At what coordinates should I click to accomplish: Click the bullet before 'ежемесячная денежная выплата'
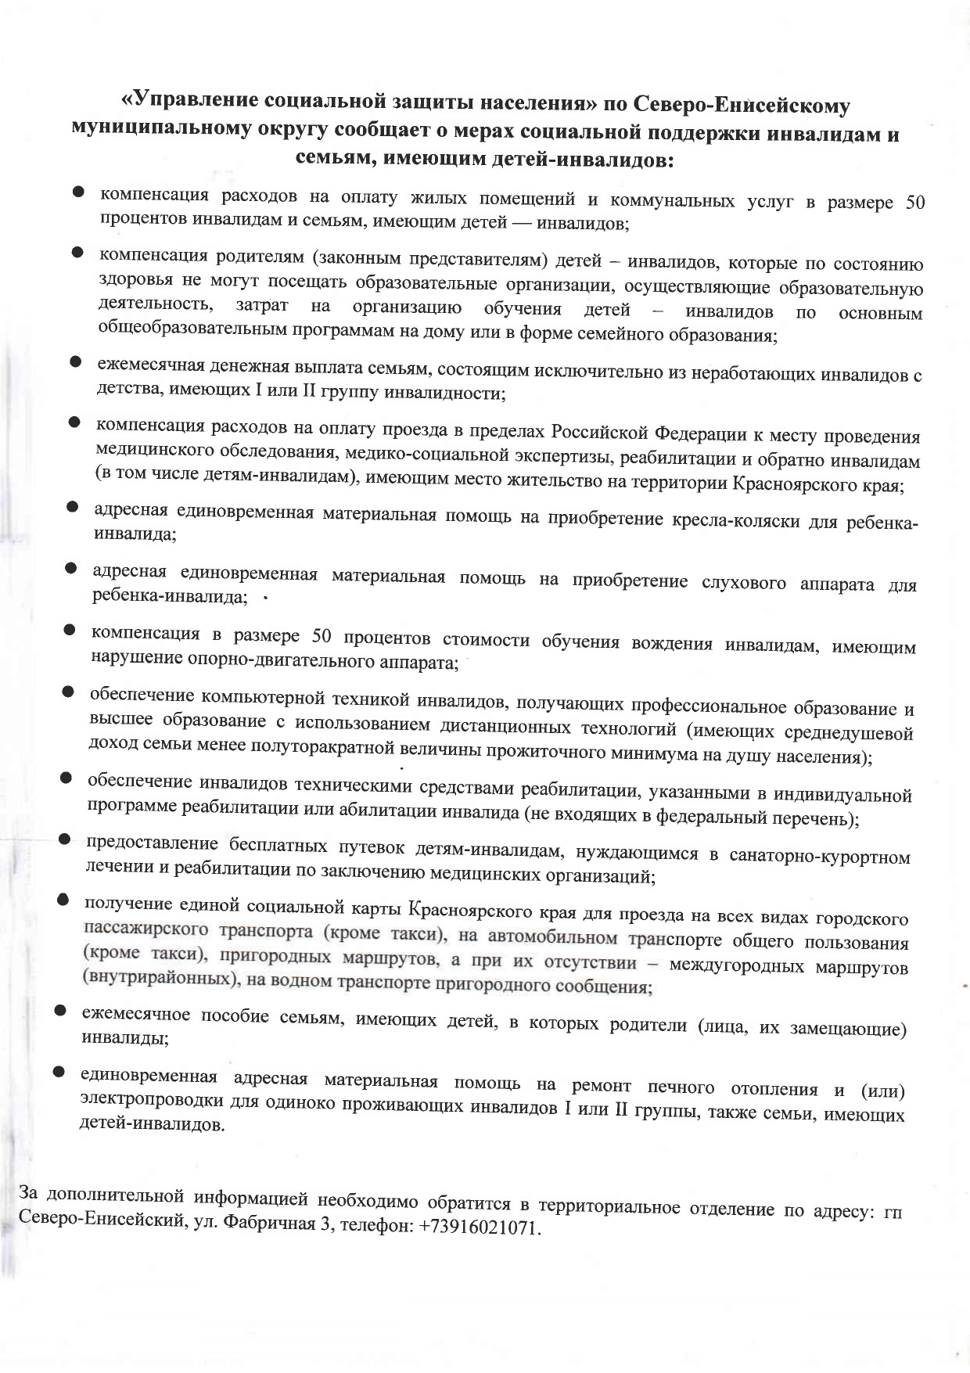tap(76, 361)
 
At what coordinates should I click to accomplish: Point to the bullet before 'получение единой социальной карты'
tap(63, 900)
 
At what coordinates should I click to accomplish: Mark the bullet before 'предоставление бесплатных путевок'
tap(66, 839)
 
